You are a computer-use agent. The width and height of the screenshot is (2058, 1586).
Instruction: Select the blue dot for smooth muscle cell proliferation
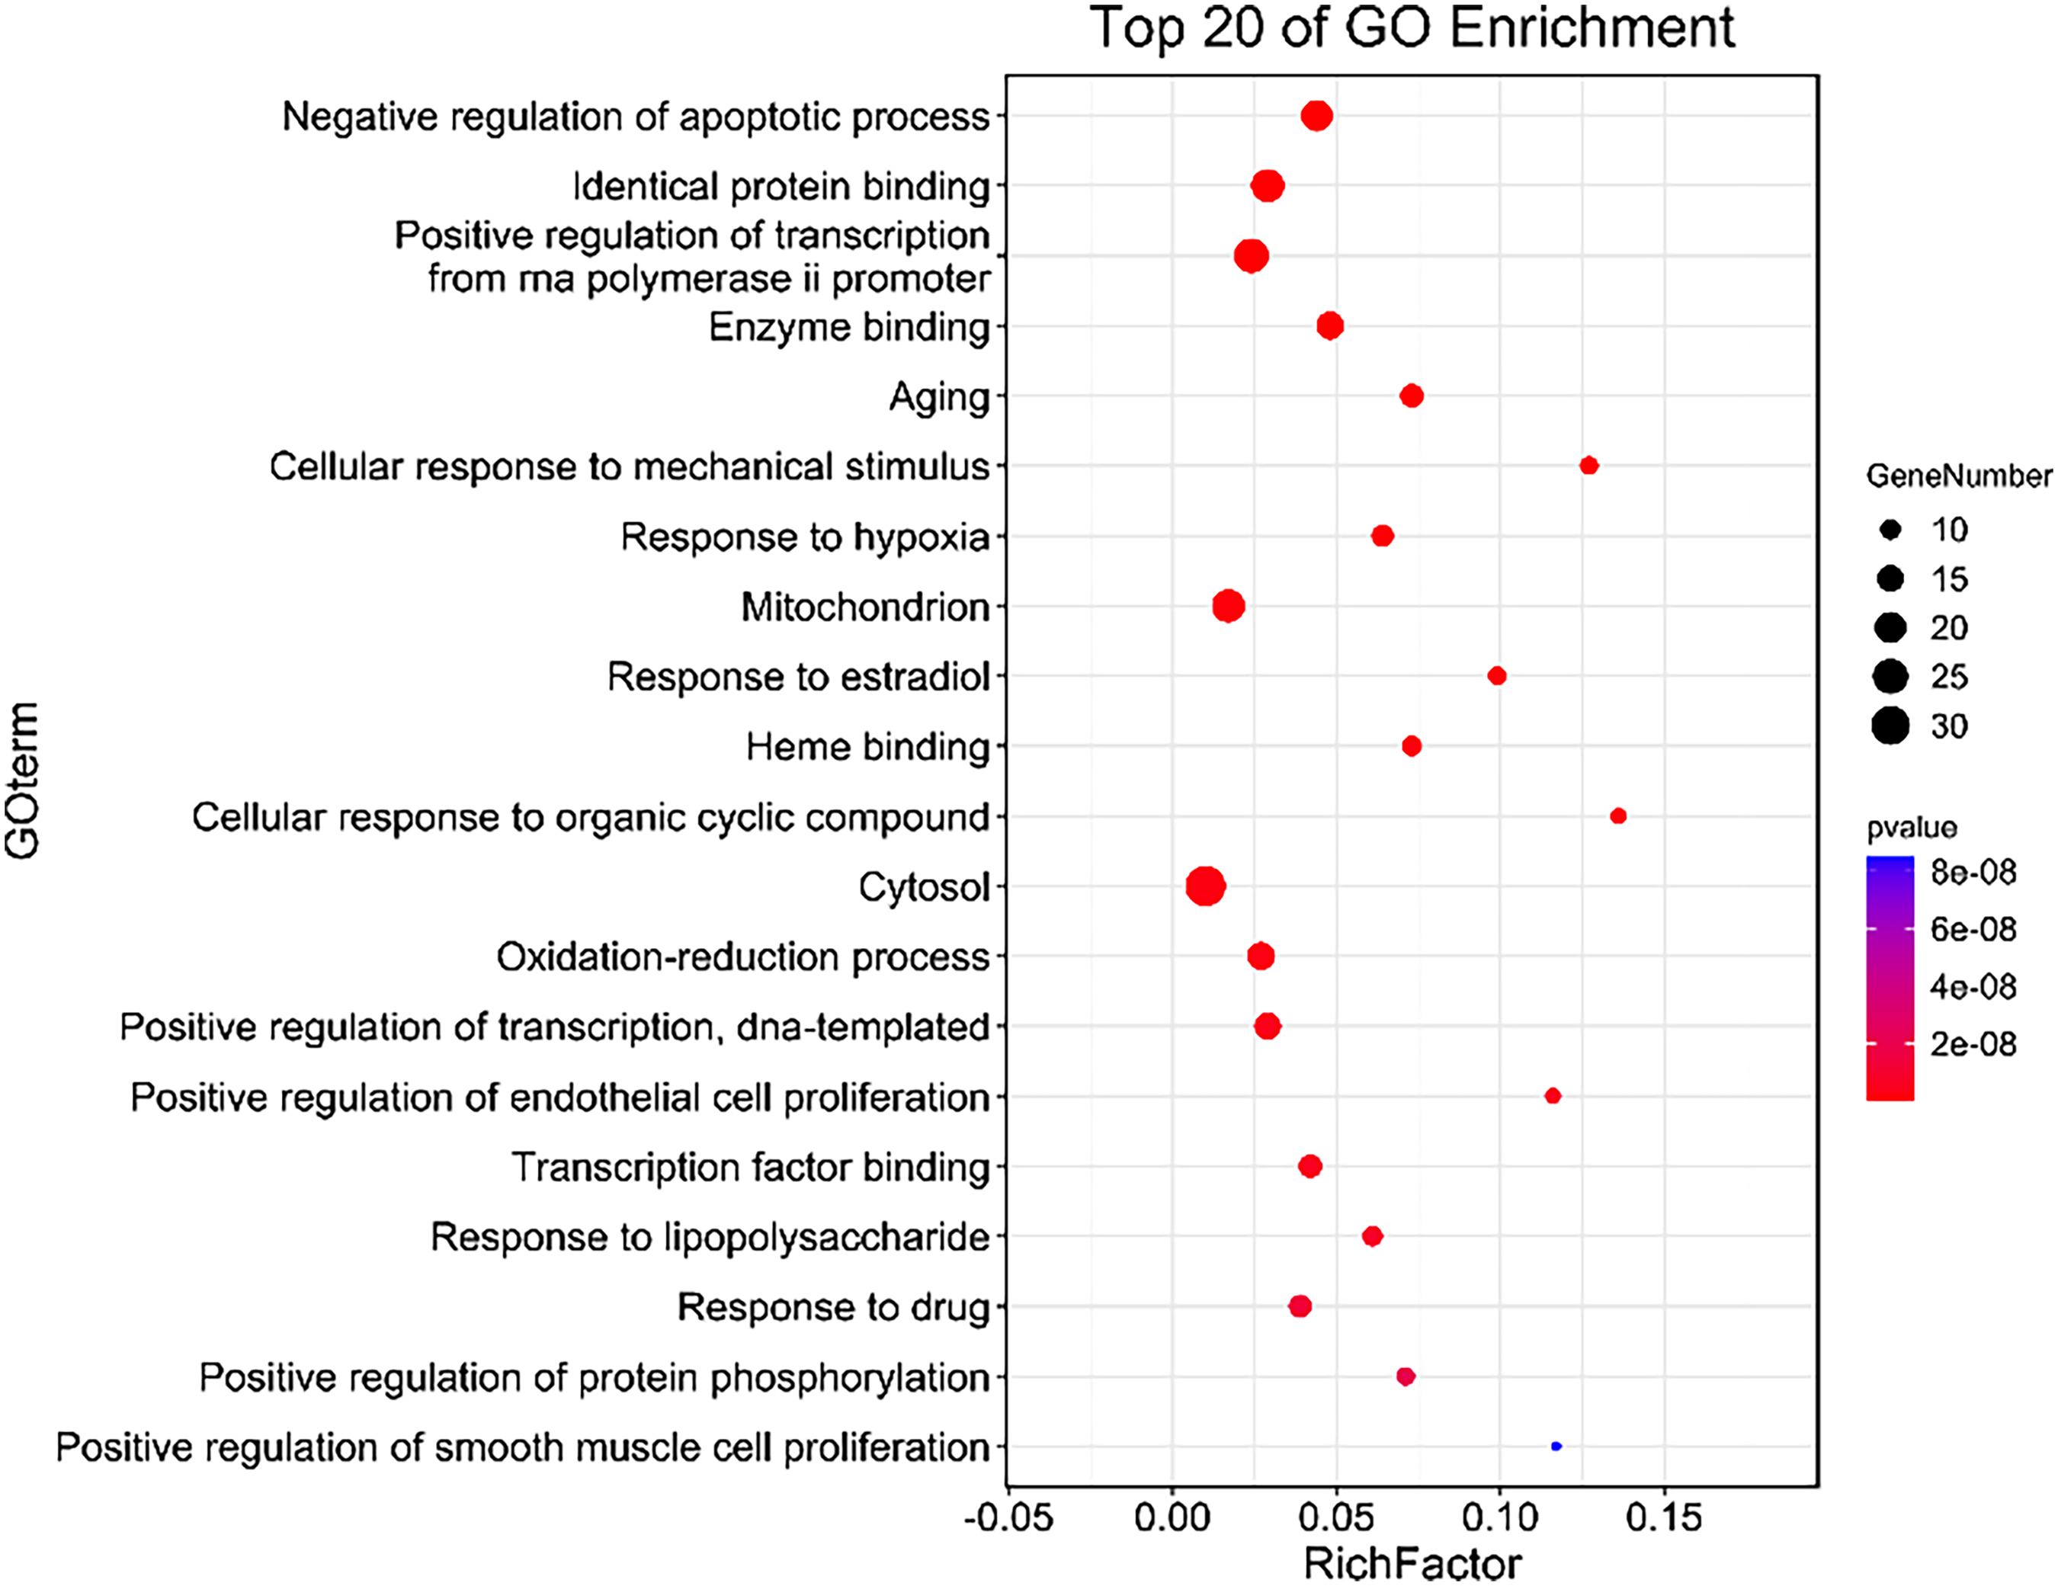1556,1446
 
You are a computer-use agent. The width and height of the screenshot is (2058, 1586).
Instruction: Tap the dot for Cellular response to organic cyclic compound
1618,816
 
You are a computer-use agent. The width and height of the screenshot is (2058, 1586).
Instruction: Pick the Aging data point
1411,396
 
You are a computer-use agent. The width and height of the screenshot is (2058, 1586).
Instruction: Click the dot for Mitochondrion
1228,606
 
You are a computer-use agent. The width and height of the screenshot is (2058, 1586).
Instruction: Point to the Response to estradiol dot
1496,676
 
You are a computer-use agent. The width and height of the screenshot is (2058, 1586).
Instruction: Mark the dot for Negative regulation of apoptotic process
1316,116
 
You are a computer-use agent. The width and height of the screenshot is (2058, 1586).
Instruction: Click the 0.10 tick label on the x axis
1499,1518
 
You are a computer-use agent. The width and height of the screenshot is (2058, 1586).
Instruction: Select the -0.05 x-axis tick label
1008,1518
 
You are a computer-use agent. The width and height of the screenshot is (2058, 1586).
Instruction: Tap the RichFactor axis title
1412,1563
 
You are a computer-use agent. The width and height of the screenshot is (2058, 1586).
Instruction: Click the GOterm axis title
23,780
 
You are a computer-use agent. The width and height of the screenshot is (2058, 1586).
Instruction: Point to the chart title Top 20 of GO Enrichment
1412,27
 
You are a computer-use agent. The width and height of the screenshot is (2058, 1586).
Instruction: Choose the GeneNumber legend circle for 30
1890,726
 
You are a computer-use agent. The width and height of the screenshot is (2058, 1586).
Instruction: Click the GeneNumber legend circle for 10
1890,530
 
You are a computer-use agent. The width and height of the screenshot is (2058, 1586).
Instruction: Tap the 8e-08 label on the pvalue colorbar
1973,873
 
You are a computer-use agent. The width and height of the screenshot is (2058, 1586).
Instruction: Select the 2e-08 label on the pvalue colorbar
1973,1044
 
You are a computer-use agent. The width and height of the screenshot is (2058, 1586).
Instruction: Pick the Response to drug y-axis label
833,1307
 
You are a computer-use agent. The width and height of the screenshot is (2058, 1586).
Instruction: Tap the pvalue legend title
1912,828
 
